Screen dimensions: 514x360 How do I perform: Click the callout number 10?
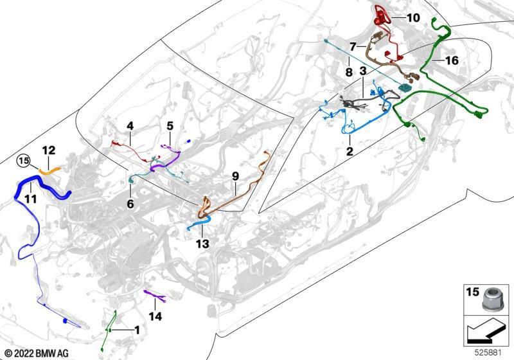413,18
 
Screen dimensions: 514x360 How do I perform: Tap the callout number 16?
452,60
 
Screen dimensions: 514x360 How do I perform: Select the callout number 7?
352,47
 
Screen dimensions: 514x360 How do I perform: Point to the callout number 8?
349,72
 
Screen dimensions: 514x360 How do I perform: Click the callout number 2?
350,151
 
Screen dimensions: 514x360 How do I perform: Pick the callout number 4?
130,125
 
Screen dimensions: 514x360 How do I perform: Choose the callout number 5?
170,125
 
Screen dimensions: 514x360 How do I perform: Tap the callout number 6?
130,204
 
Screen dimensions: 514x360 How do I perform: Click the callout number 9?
235,176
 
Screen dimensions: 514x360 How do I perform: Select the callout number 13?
202,244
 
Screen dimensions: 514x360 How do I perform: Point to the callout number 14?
155,316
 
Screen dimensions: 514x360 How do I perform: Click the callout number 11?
30,198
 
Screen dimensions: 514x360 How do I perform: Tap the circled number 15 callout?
24,161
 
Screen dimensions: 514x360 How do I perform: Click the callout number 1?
137,330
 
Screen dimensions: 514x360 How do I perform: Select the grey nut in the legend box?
491,299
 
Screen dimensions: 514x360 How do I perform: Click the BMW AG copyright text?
37,354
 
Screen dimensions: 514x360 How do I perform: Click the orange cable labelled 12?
50,170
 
